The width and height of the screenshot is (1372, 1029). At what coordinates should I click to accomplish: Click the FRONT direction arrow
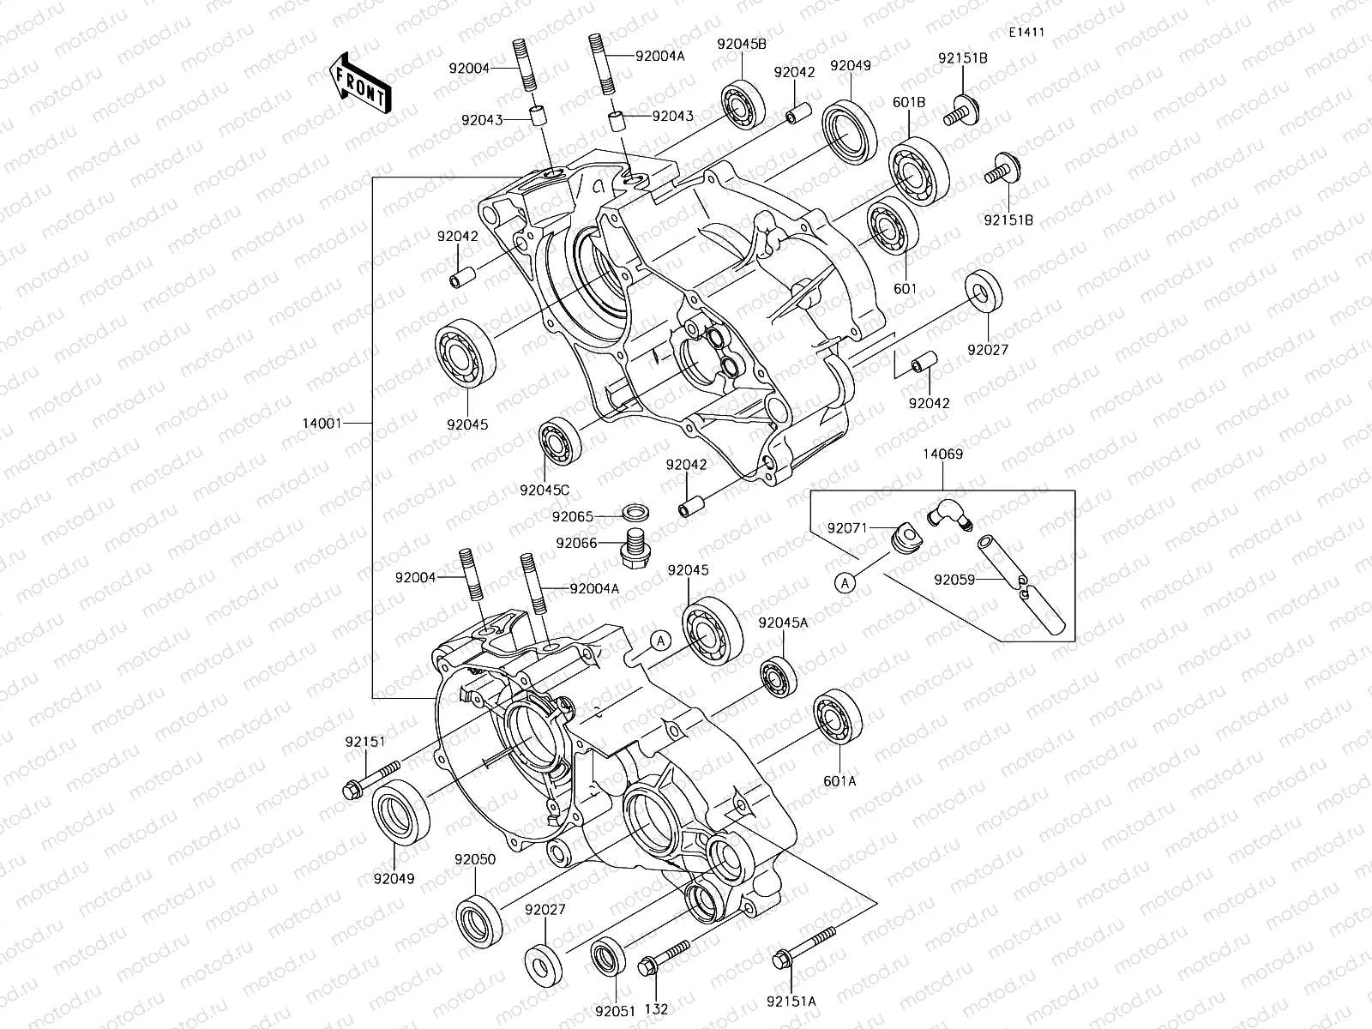point(358,82)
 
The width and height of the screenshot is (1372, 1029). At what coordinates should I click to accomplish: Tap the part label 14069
point(942,454)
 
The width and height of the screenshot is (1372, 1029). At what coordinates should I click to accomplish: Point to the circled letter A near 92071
point(845,583)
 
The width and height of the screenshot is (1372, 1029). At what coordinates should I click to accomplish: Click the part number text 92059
point(955,579)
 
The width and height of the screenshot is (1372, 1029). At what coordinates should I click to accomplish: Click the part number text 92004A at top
point(660,55)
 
